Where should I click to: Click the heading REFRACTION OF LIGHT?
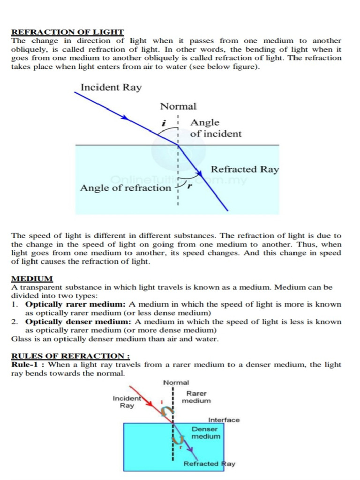(67, 32)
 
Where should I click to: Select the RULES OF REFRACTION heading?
(70, 356)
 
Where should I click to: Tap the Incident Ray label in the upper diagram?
(111, 87)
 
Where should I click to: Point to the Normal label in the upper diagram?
(178, 106)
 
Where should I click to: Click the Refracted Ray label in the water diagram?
(245, 169)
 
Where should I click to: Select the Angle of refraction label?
(126, 188)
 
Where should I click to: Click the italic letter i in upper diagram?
(164, 123)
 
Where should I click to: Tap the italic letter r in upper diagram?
(189, 186)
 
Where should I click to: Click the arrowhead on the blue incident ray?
(125, 118)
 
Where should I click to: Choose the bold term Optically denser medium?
(78, 322)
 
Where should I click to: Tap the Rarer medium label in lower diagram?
(196, 397)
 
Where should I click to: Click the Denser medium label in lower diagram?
(205, 432)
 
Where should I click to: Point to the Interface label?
(224, 420)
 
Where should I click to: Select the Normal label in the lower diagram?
(176, 382)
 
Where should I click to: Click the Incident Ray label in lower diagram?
(127, 402)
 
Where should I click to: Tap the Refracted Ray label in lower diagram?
(209, 464)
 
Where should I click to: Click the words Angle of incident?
(216, 128)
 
